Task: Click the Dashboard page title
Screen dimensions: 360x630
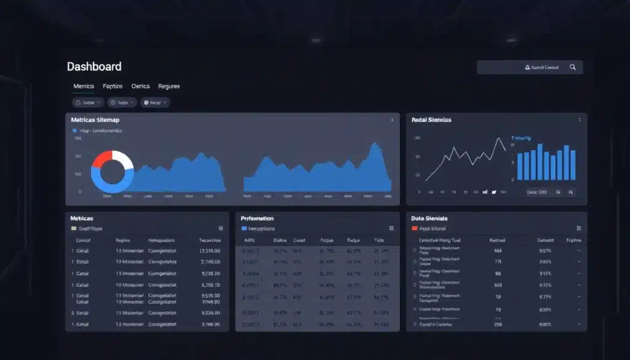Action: (94, 66)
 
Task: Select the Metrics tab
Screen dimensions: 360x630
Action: (84, 86)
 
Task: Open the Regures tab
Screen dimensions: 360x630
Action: (169, 86)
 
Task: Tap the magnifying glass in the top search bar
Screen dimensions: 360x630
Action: (573, 67)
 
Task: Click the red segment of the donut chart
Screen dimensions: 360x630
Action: (100, 161)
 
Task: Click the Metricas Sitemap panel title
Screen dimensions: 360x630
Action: (95, 120)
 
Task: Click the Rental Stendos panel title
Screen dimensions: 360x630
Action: (431, 120)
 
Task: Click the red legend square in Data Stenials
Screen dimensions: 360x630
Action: (414, 228)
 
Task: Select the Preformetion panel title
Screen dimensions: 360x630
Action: (257, 218)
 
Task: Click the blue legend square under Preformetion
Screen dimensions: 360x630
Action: (244, 228)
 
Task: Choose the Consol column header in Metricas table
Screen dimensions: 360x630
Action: (83, 241)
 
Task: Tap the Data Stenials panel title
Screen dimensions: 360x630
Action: (429, 218)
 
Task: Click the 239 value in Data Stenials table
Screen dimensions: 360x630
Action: (498, 324)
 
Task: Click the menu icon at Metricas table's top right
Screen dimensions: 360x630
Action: (221, 228)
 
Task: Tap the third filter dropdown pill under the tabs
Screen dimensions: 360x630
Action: (154, 103)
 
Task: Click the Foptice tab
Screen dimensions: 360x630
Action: (113, 86)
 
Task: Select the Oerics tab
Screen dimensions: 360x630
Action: (140, 86)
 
